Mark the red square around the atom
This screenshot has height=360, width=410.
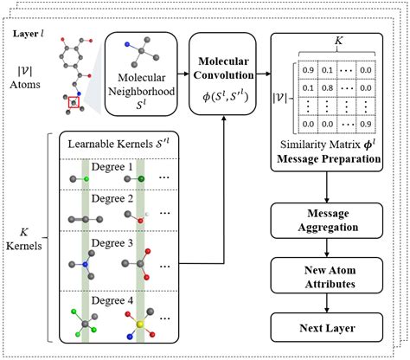pos(76,105)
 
